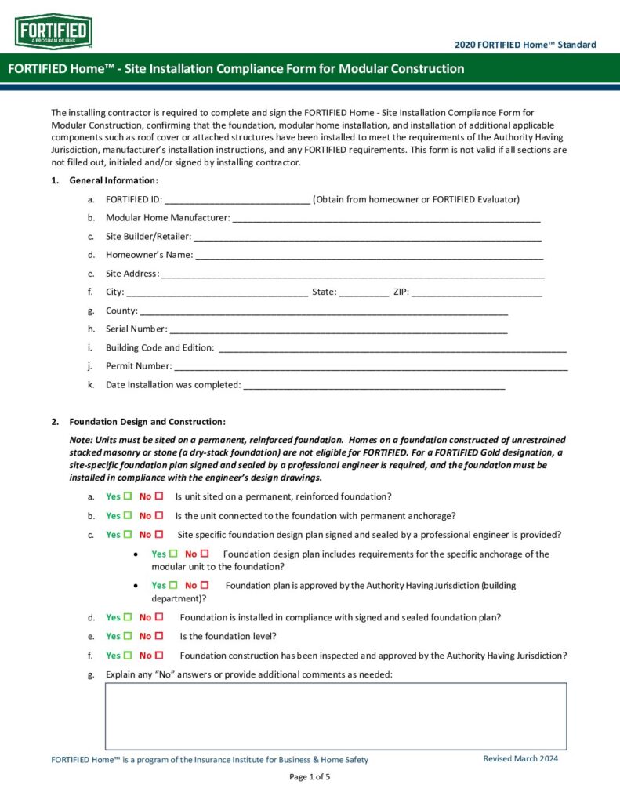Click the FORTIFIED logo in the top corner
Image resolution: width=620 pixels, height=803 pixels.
(x=53, y=31)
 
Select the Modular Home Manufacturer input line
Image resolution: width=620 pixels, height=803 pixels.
(x=386, y=219)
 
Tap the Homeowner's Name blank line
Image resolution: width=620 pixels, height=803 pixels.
(x=368, y=256)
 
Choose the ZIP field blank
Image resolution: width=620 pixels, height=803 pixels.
(x=477, y=292)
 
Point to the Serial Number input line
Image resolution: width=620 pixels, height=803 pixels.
(x=338, y=329)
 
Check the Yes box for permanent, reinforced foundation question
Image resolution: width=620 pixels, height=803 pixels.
(x=127, y=496)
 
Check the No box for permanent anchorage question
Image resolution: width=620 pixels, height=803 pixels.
(x=159, y=516)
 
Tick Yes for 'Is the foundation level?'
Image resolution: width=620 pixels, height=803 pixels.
(x=127, y=636)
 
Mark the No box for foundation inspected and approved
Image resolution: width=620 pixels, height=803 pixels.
(x=159, y=656)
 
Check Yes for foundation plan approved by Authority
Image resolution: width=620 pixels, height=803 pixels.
(x=172, y=585)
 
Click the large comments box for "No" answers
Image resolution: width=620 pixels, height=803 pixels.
(x=335, y=716)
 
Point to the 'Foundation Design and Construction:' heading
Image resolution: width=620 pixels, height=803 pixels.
(x=147, y=422)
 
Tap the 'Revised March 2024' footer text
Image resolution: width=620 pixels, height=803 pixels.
(x=520, y=759)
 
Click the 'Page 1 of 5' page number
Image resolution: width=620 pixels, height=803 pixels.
(x=310, y=777)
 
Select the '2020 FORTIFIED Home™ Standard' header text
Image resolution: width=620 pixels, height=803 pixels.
(x=525, y=45)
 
